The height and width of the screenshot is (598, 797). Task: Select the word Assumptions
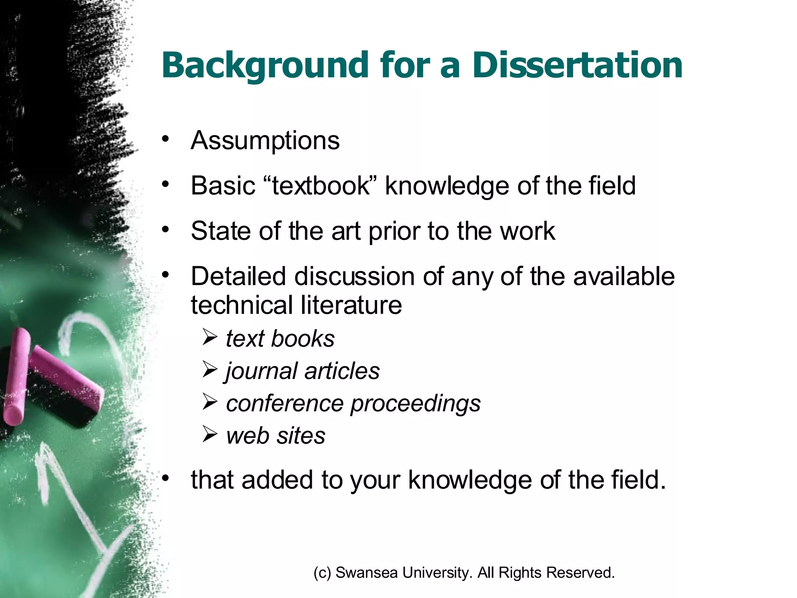(x=265, y=141)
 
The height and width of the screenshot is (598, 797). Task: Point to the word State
(x=221, y=231)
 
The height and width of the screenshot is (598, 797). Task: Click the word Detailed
(x=238, y=276)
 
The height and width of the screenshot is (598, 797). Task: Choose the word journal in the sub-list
(x=262, y=371)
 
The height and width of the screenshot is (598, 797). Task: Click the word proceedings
(x=415, y=404)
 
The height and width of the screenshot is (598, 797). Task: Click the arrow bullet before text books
(x=210, y=337)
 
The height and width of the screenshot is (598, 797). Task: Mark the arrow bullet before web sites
(x=210, y=434)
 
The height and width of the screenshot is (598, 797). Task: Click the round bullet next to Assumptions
(x=166, y=139)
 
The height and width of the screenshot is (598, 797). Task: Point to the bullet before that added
(x=166, y=478)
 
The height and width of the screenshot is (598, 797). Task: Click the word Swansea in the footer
(x=366, y=573)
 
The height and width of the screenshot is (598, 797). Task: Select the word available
(x=624, y=276)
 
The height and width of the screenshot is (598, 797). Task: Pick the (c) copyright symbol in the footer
(x=322, y=573)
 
